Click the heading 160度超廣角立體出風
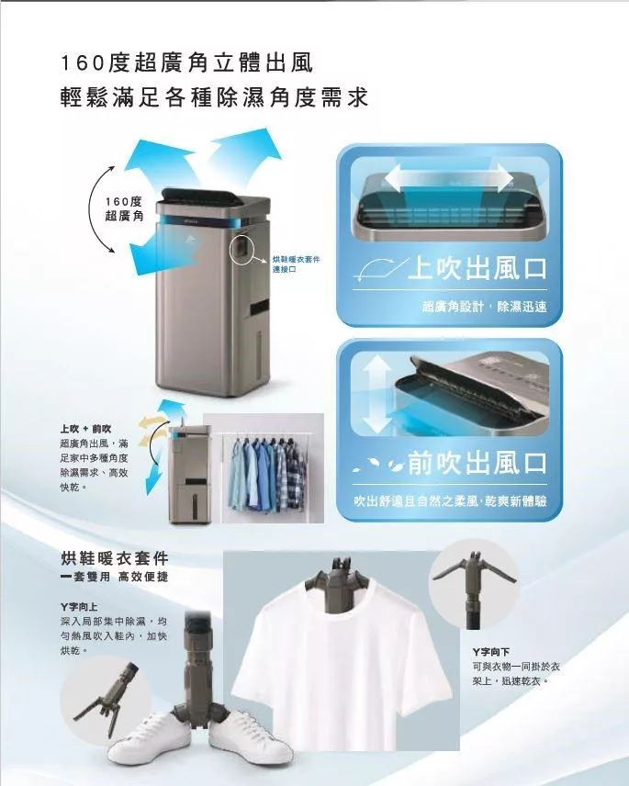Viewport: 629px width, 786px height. pyautogui.click(x=186, y=64)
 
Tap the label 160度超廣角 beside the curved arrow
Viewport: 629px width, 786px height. pyautogui.click(x=124, y=208)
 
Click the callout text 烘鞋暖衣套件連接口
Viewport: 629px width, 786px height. pyautogui.click(x=295, y=264)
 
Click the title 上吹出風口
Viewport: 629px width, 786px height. pyautogui.click(x=477, y=268)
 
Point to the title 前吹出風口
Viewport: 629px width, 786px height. pyautogui.click(x=477, y=462)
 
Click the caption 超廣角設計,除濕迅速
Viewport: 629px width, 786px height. pyautogui.click(x=484, y=307)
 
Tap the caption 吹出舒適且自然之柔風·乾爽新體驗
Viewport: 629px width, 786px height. pyautogui.click(x=450, y=500)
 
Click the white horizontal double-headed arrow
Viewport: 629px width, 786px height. pyautogui.click(x=450, y=177)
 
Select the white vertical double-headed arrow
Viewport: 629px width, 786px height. pyautogui.click(x=377, y=395)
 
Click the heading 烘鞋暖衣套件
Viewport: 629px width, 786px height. pyautogui.click(x=114, y=558)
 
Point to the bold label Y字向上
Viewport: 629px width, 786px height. pyautogui.click(x=79, y=607)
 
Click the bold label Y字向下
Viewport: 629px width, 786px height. pyautogui.click(x=491, y=652)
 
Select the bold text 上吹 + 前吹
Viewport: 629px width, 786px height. pyautogui.click(x=85, y=429)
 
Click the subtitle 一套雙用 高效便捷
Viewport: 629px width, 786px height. pyautogui.click(x=114, y=577)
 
